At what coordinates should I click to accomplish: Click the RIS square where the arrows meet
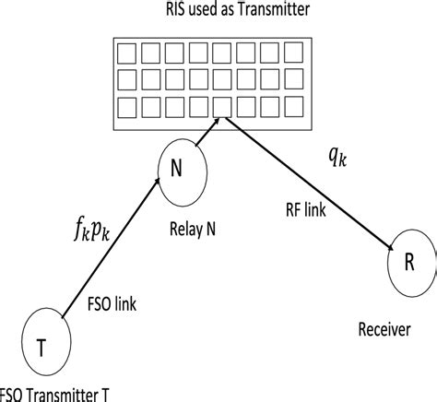tap(221, 107)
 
